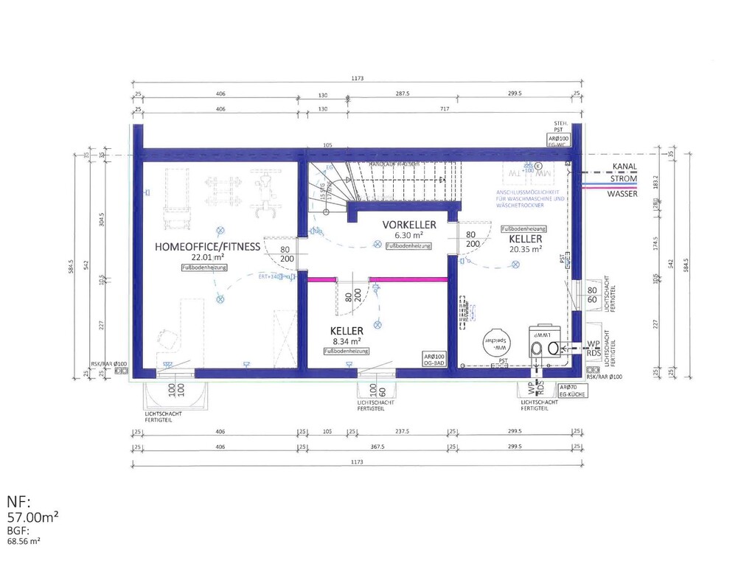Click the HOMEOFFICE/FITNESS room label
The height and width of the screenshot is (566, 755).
tap(207, 246)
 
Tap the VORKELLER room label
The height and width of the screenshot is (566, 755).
tap(408, 224)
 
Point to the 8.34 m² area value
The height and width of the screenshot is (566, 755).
tap(345, 341)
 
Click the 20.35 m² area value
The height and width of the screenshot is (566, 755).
tap(525, 249)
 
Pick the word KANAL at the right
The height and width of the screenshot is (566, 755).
tap(624, 167)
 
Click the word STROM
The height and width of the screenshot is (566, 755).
tap(622, 178)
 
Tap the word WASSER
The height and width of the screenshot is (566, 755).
tap(622, 194)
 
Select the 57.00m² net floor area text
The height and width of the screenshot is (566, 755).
tap(33, 519)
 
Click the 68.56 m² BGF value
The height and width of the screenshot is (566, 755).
tap(24, 541)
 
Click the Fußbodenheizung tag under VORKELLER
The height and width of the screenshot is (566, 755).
tap(409, 245)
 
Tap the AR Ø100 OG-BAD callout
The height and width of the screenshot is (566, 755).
tap(434, 360)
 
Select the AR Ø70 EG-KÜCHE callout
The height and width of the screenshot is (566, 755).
tap(572, 391)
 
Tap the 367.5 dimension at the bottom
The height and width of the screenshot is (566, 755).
tap(378, 447)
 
